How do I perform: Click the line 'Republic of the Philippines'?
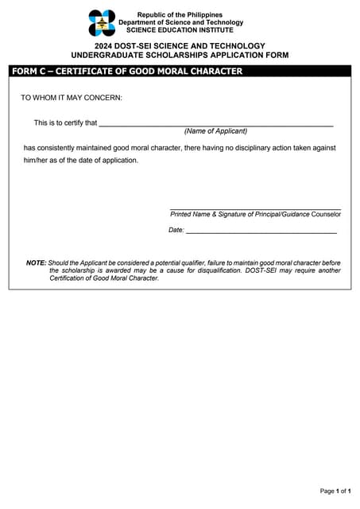click(180, 15)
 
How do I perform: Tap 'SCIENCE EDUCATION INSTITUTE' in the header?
click(180, 30)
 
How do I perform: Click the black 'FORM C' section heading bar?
click(180, 72)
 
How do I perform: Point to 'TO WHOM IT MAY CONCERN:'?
click(72, 99)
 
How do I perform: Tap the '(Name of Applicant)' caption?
click(215, 131)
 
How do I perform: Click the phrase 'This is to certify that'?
click(65, 123)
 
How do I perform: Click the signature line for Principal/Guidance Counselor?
click(255, 208)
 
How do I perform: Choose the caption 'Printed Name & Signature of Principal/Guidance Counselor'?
click(255, 214)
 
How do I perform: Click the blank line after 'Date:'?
click(261, 231)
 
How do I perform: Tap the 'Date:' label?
click(176, 230)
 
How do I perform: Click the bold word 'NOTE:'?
click(36, 262)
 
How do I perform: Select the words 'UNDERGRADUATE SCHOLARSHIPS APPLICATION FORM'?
click(180, 56)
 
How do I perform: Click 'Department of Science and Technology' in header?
click(180, 22)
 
